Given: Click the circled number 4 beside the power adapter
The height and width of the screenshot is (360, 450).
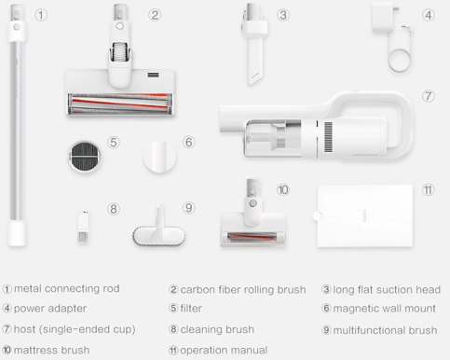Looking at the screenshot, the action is [x=429, y=15].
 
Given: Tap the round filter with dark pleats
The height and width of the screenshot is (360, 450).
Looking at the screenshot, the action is [x=84, y=157].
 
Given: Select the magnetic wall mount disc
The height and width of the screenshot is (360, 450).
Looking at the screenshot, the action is [x=159, y=157].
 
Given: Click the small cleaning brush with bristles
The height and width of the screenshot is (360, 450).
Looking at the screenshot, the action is [x=83, y=226].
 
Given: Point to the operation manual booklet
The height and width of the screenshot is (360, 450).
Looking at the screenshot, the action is [x=364, y=216].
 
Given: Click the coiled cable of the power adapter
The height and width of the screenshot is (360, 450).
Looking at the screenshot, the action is [x=400, y=61].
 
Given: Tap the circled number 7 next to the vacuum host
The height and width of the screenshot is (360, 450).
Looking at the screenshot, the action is [x=429, y=96].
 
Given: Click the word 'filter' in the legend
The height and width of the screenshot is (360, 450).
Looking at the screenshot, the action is [x=191, y=309].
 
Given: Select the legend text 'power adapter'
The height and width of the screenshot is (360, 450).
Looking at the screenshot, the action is [x=50, y=309].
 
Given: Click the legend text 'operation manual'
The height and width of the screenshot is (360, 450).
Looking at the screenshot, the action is [x=224, y=351].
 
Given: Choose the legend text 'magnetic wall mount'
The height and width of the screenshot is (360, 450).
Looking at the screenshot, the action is [x=385, y=309].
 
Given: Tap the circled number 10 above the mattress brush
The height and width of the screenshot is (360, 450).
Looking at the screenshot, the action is [x=283, y=189].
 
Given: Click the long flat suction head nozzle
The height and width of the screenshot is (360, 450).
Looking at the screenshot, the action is [x=254, y=44].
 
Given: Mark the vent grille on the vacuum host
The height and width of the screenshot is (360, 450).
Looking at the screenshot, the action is [x=328, y=137].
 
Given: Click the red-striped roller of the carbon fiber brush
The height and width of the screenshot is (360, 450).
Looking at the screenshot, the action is [x=119, y=104].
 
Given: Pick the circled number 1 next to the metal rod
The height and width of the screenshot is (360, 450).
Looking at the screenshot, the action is [x=41, y=15].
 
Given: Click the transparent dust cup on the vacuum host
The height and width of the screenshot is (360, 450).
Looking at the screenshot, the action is [x=270, y=138].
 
